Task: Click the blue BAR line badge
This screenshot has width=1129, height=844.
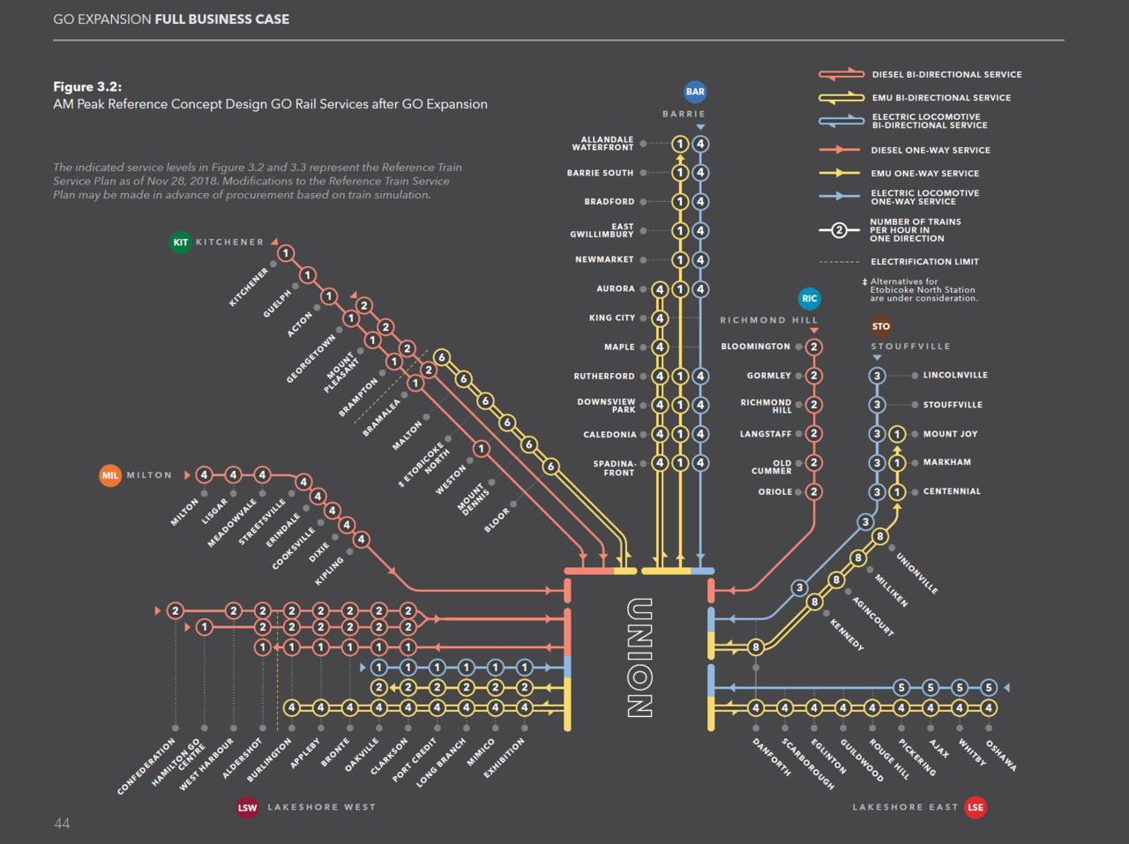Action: click(695, 92)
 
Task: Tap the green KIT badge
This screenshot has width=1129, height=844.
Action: click(180, 242)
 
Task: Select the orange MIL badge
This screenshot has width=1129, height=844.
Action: click(109, 475)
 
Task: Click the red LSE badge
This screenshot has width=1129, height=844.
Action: click(975, 807)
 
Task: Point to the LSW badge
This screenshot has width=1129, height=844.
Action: click(247, 807)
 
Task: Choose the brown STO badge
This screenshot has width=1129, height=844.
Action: click(880, 326)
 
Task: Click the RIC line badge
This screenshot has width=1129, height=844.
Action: click(809, 298)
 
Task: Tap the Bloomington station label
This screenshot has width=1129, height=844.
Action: click(755, 347)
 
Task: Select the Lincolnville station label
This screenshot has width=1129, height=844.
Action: click(955, 376)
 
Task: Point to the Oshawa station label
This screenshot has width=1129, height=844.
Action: click(1001, 756)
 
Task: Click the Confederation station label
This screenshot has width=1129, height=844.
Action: click(146, 767)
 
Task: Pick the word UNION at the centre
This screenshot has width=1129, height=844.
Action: click(639, 658)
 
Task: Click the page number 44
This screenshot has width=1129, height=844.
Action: click(62, 824)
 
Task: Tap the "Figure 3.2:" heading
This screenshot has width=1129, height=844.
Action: click(87, 86)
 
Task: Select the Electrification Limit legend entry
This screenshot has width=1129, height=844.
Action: click(924, 262)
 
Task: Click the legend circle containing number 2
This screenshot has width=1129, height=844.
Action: click(839, 230)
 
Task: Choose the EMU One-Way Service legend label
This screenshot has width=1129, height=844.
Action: click(924, 174)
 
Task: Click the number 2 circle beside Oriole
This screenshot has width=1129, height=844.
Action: click(814, 492)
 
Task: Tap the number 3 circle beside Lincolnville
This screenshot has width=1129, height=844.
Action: click(877, 376)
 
